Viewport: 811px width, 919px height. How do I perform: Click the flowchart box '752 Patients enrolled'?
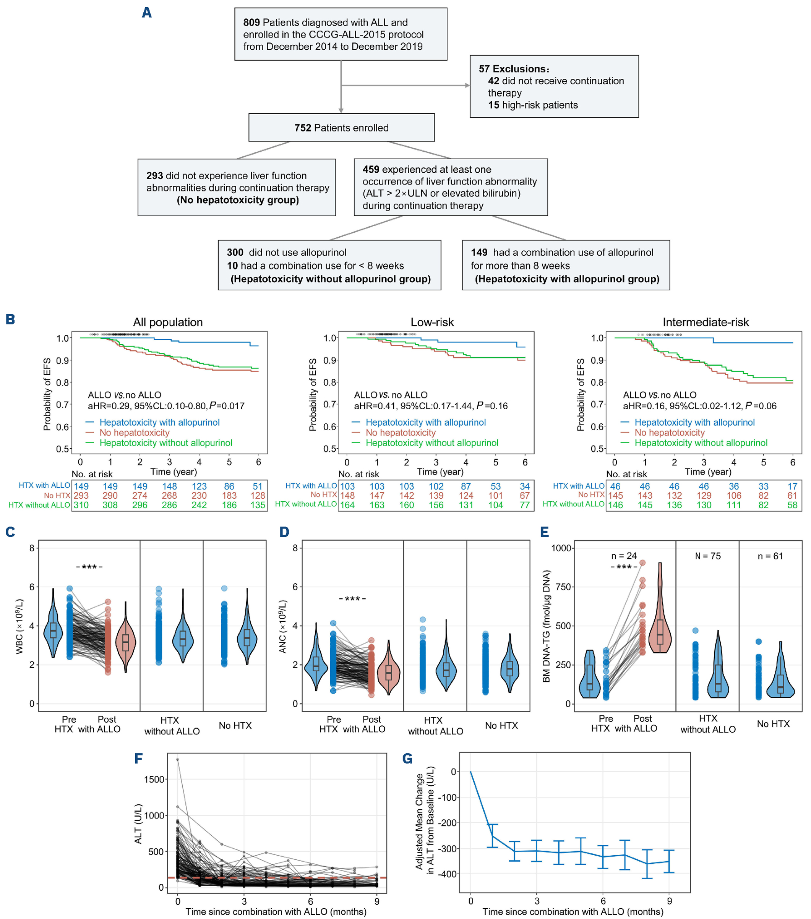coord(341,128)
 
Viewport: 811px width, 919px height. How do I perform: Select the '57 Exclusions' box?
coord(554,86)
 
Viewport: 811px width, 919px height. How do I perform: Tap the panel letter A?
coord(147,13)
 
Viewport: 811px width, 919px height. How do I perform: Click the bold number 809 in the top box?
coord(251,23)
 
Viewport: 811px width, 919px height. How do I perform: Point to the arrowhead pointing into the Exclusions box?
coord(467,86)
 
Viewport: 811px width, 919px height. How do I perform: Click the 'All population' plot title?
coord(168,323)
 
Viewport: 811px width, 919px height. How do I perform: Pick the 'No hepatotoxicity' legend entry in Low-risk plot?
coord(400,433)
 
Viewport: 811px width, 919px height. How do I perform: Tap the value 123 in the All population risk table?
coord(199,486)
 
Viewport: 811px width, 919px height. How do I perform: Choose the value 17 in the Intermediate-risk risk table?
coord(792,486)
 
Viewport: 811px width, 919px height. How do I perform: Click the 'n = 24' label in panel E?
coord(624,556)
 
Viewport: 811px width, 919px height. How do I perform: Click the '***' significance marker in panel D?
coord(352,598)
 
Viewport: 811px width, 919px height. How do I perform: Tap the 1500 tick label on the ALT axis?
coord(154,779)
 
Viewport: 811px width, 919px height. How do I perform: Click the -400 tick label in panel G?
coord(448,874)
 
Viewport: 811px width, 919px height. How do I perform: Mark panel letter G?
coord(407,759)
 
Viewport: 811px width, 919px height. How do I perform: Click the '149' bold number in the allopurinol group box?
coord(479,253)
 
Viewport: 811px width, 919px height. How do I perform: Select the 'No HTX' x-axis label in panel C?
coord(235,725)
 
